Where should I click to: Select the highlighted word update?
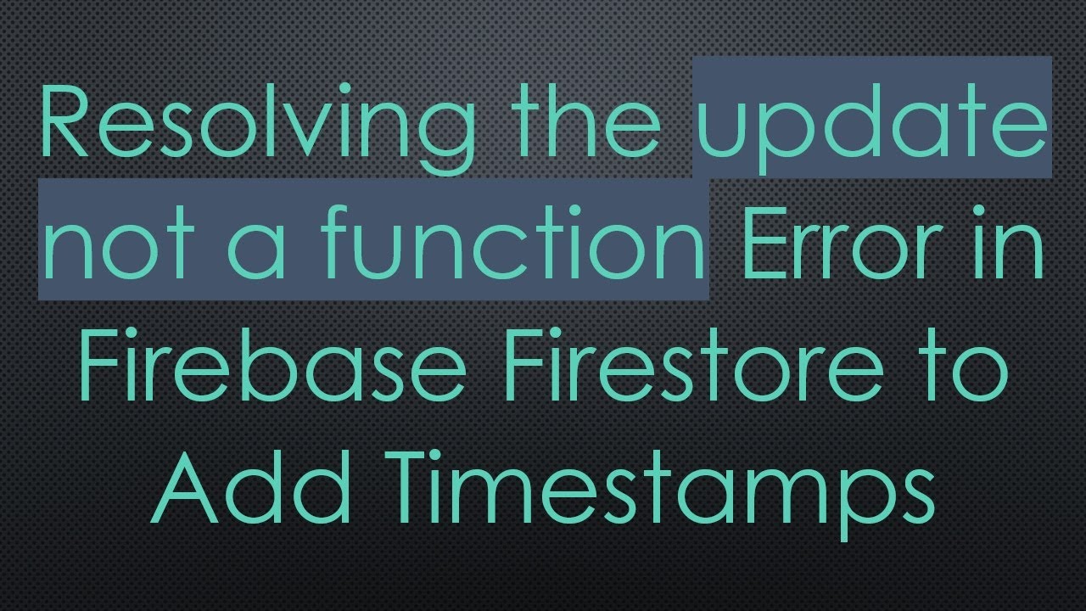872,127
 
